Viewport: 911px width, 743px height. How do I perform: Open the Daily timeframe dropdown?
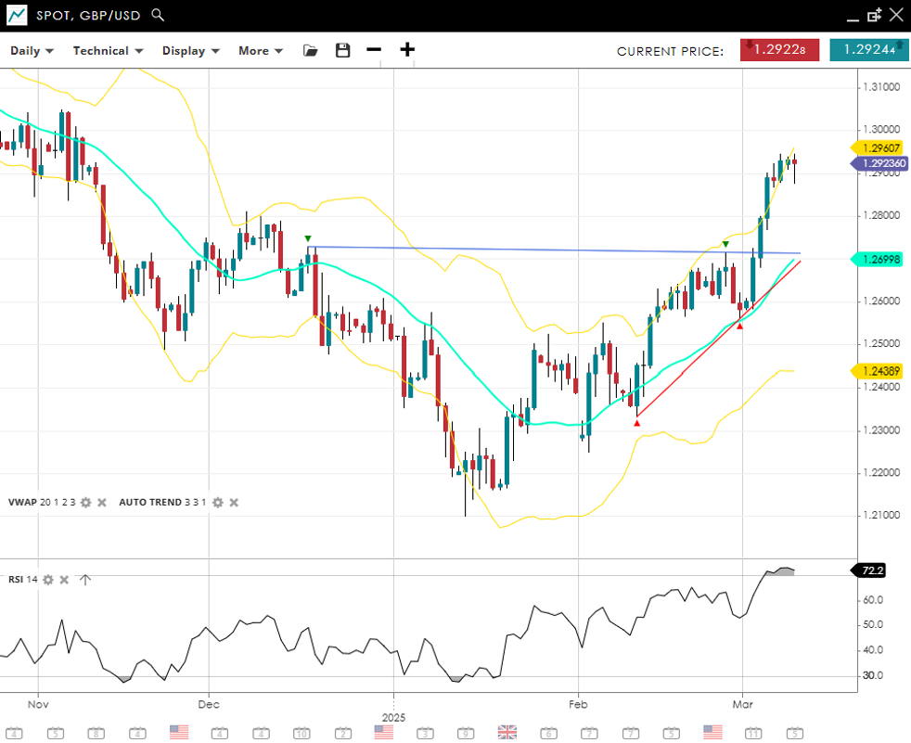pos(32,51)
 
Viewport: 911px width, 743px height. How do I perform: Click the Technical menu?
pos(108,51)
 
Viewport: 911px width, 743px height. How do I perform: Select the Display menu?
pos(190,51)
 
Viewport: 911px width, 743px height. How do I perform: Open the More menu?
pos(260,51)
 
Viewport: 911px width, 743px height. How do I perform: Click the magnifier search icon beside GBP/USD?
pos(158,15)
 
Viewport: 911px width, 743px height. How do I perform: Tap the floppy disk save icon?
pos(343,50)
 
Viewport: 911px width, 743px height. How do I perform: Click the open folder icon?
pos(311,50)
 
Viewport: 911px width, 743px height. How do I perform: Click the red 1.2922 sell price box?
pos(779,50)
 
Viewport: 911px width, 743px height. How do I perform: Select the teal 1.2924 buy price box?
pos(868,50)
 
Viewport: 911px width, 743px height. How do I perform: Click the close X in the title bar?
pos(895,15)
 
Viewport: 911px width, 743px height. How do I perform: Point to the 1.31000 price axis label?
pos(880,87)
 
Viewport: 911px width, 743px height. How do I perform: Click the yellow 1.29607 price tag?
pos(879,147)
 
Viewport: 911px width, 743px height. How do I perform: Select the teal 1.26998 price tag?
pos(879,260)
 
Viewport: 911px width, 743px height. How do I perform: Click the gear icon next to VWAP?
pos(85,502)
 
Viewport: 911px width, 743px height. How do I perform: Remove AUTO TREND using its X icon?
pos(234,502)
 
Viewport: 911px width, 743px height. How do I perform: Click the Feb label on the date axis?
pos(578,703)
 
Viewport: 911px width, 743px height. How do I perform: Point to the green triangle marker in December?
pos(308,238)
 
